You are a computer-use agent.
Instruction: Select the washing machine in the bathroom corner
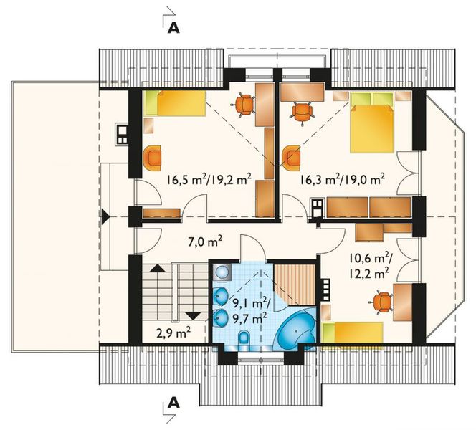[222, 271]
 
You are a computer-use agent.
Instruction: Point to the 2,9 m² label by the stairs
[173, 333]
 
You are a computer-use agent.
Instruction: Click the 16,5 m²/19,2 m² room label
[209, 181]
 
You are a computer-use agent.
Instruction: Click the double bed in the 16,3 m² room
[373, 127]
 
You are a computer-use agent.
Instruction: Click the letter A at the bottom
[173, 403]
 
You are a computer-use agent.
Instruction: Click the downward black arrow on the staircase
[192, 315]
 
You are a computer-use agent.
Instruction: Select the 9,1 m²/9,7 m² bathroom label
[247, 307]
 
